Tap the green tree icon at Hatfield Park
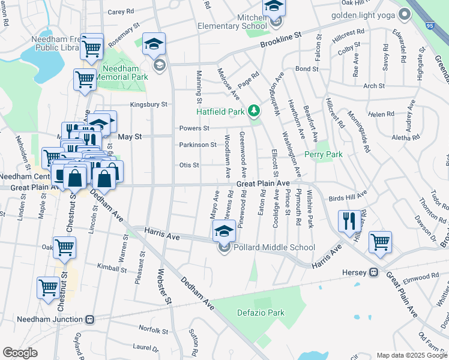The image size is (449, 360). click(x=255, y=110)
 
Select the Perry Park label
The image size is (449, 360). click(x=323, y=154)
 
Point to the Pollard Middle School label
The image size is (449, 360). click(x=274, y=247)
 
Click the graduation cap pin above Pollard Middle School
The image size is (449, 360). click(x=224, y=230)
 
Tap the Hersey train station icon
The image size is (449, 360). click(x=373, y=272)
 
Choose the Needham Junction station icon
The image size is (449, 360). click(x=90, y=319)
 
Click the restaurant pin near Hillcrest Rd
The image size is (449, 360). click(x=348, y=220)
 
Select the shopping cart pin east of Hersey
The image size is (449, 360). click(x=380, y=242)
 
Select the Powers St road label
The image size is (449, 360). click(x=194, y=128)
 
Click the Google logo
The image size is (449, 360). click(x=20, y=353)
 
